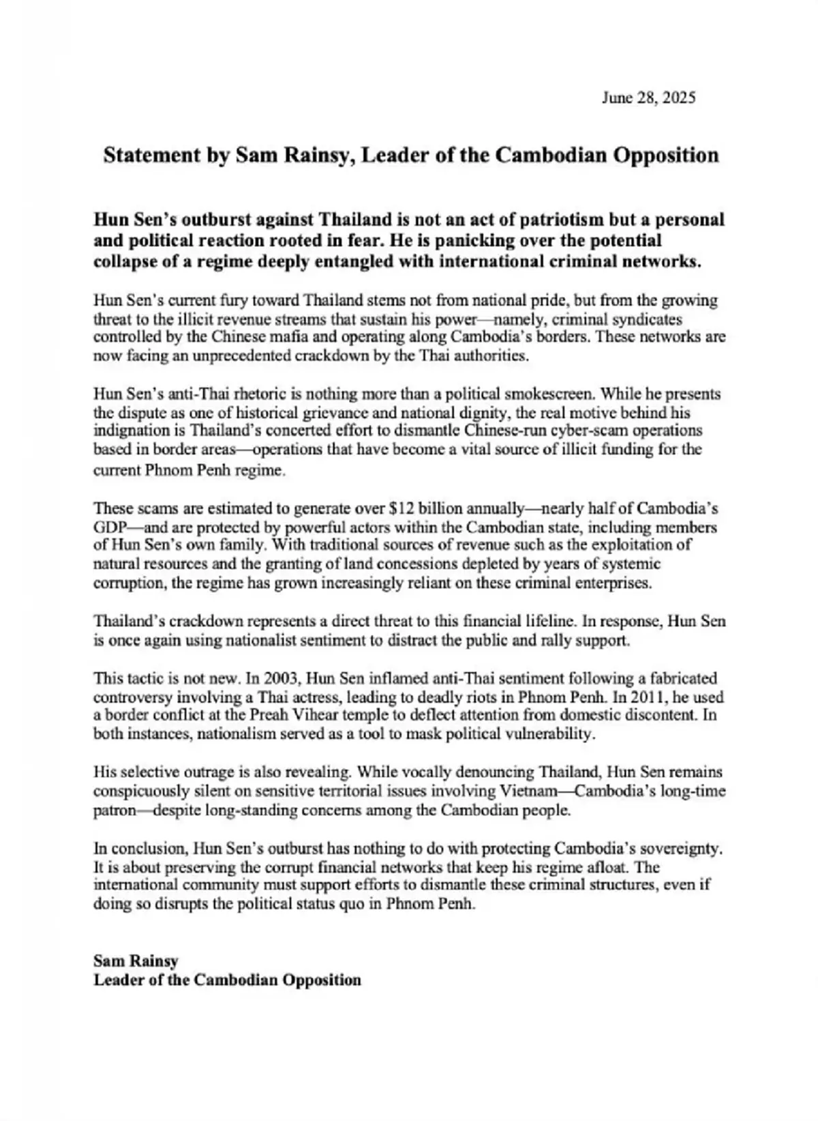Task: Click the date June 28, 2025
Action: pyautogui.click(x=648, y=98)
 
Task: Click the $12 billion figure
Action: pyautogui.click(x=416, y=508)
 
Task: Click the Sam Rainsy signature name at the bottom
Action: pyautogui.click(x=136, y=961)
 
